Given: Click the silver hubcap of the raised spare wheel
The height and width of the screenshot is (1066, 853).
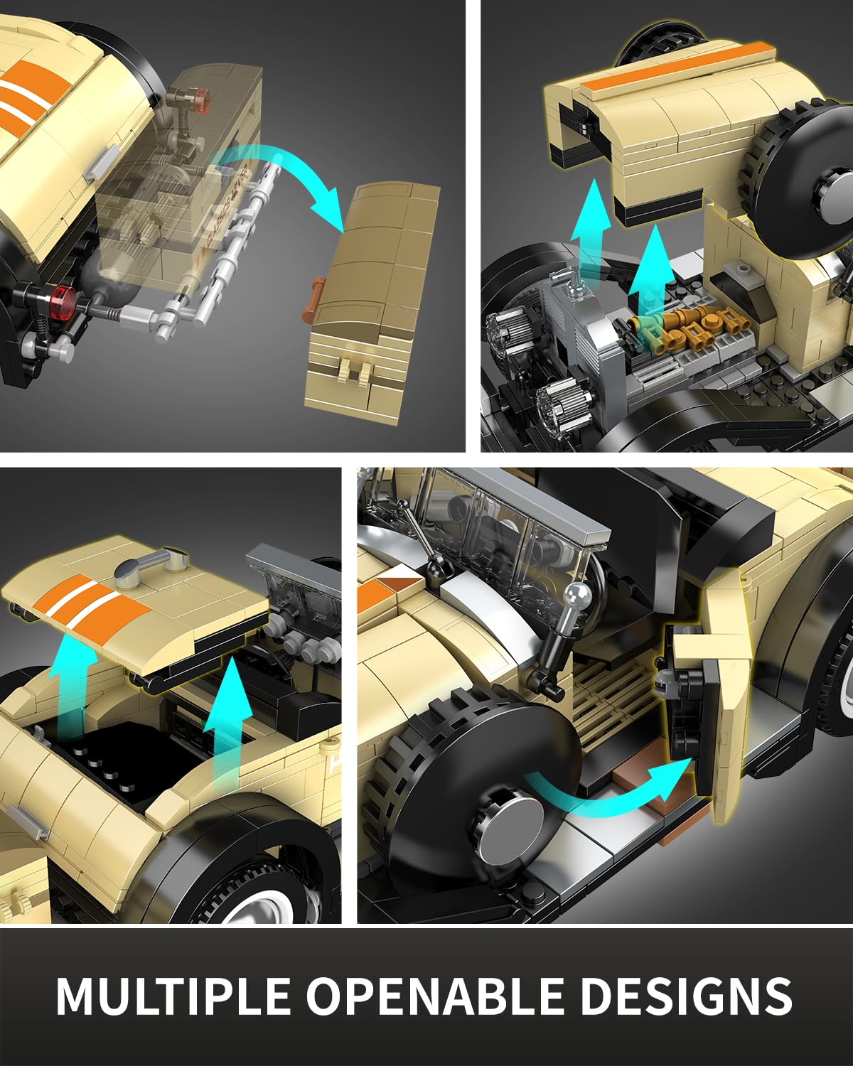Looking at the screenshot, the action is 836,185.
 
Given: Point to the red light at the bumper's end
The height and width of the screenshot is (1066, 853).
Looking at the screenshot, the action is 65,300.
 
